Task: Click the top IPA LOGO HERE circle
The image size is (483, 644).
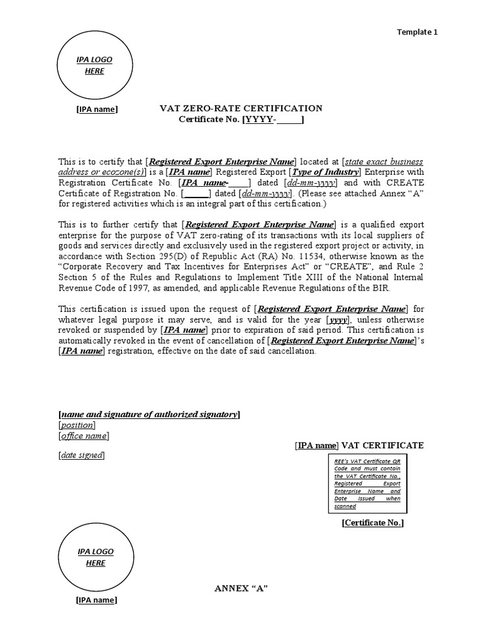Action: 94,65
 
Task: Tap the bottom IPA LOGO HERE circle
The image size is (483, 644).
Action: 96,557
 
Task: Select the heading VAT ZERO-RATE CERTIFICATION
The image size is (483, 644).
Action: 241,108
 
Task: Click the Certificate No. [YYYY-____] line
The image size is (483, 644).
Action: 241,119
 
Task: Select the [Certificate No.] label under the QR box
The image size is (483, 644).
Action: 372,523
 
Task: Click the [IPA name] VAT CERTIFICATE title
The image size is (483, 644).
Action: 359,445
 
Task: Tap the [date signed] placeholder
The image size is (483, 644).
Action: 81,455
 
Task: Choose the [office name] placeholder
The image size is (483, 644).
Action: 83,436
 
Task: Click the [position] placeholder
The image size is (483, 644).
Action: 76,425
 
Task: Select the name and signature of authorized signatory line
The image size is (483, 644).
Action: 148,414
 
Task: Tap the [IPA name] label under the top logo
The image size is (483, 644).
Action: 96,109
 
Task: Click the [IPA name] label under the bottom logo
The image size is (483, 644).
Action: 96,600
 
